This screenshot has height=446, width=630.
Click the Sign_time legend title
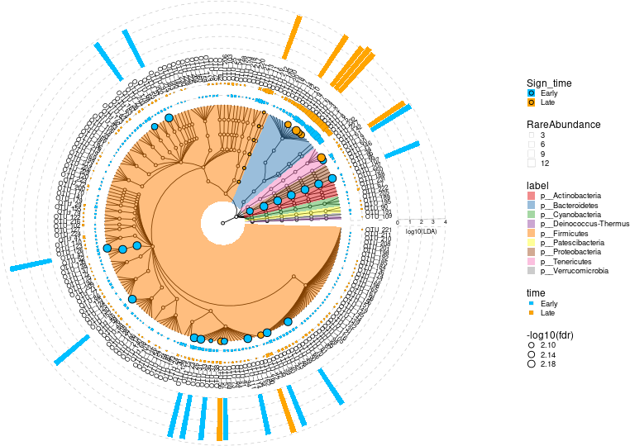pyautogui.click(x=549, y=83)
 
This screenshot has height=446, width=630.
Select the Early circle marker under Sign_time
pyautogui.click(x=532, y=93)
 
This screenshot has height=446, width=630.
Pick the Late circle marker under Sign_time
pyautogui.click(x=532, y=102)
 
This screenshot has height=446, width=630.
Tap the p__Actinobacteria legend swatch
pyautogui.click(x=532, y=195)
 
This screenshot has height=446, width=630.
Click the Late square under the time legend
pyautogui.click(x=532, y=314)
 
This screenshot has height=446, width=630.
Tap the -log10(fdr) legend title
pyautogui.click(x=551, y=334)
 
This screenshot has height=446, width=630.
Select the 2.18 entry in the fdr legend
pyautogui.click(x=532, y=363)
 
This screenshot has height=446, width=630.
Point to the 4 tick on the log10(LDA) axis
pyautogui.click(x=446, y=222)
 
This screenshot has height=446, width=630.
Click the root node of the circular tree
pyautogui.click(x=222, y=223)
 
